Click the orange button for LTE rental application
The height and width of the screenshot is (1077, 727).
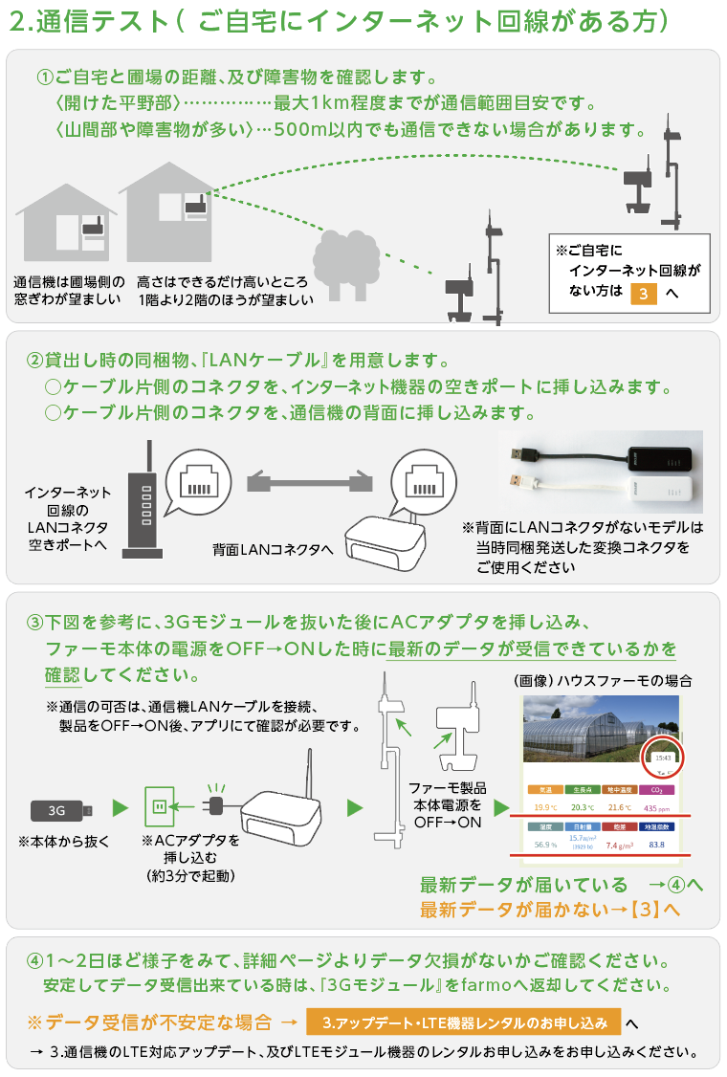coord(464,1022)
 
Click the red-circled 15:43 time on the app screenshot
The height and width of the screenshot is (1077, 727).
coord(662,757)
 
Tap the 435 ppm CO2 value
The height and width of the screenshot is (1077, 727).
coord(656,807)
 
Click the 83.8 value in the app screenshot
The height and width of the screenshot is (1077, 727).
coord(656,845)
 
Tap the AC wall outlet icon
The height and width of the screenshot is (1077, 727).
coord(159,809)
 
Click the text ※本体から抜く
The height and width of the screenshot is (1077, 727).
coord(64,842)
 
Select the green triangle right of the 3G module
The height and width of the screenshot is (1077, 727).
coord(120,808)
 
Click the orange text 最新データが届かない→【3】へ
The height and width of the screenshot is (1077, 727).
coord(550,910)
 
